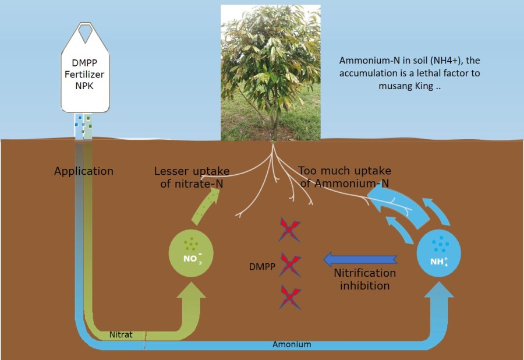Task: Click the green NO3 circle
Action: coord(190,253)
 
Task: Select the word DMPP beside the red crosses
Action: coord(261,267)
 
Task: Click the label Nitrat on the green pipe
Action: coord(121,335)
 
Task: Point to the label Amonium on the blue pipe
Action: coord(292,344)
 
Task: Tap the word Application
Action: coord(84,171)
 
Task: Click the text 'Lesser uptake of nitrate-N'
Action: coord(192,178)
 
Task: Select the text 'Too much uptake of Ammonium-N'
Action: coord(344,177)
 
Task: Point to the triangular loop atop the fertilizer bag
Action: coord(86,33)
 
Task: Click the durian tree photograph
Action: coord(271,72)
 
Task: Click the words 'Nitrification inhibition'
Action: coord(364,280)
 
